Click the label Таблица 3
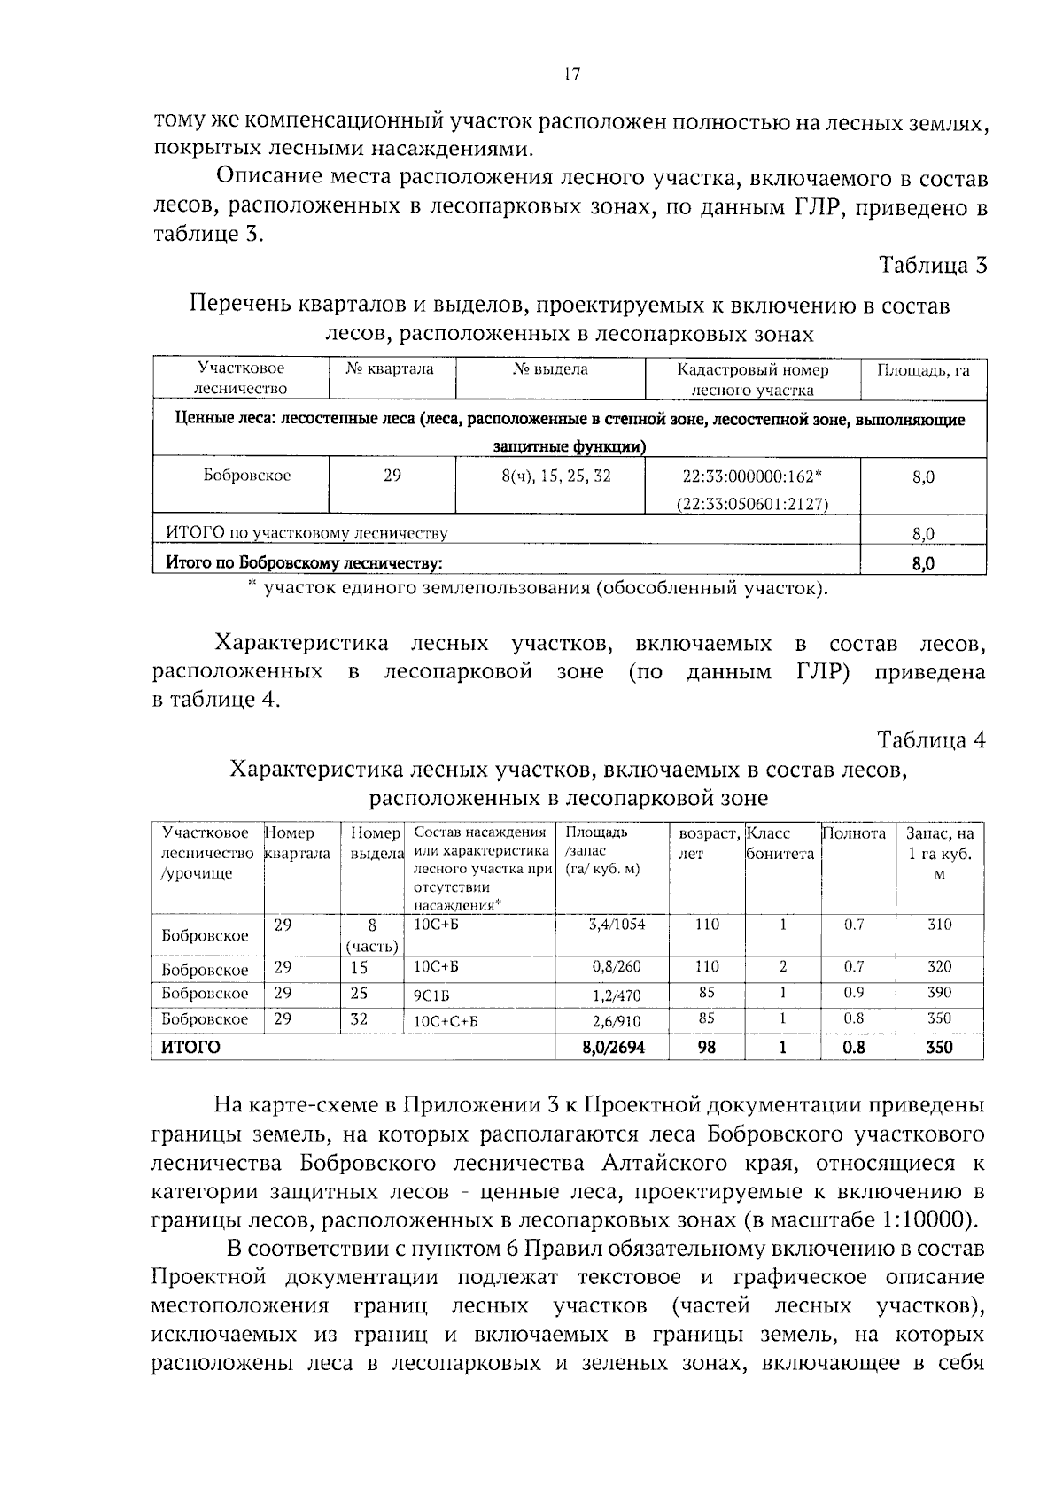(x=932, y=265)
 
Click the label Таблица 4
(x=931, y=739)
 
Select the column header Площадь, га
(x=923, y=370)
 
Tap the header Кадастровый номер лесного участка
(x=752, y=379)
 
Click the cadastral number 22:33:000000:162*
(x=752, y=476)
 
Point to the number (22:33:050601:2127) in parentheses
(x=752, y=504)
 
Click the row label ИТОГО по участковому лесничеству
(x=306, y=533)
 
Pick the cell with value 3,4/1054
(x=617, y=925)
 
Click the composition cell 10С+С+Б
(x=446, y=1020)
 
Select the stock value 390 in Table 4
(x=939, y=994)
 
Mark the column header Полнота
(x=855, y=834)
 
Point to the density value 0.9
(x=854, y=994)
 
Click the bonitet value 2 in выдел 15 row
(x=783, y=967)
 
